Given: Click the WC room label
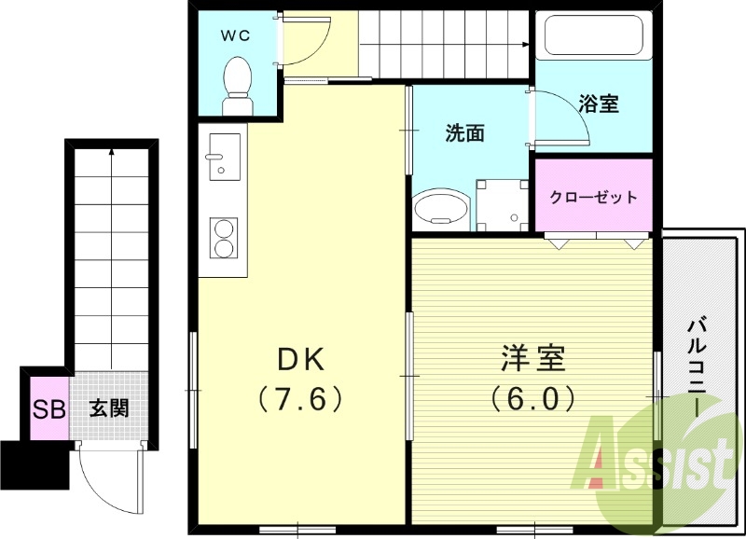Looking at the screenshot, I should tap(234, 35).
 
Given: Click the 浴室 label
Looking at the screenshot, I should tap(599, 104).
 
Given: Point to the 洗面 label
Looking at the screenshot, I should tap(463, 133).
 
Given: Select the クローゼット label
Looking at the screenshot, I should tap(593, 197).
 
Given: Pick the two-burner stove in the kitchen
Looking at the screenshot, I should tap(224, 238).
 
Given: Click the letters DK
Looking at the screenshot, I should tap(300, 358).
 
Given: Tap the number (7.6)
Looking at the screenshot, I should tap(300, 399).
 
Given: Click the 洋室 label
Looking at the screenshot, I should tap(532, 358).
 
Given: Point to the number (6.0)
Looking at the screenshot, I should tap(532, 399).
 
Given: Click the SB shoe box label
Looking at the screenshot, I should tap(48, 408).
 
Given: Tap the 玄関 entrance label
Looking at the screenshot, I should tap(108, 408).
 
